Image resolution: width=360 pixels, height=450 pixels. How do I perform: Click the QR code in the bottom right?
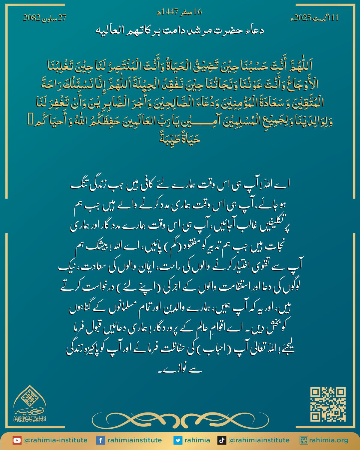pos(328,404)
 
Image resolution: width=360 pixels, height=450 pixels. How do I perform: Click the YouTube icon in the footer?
pos(17,440)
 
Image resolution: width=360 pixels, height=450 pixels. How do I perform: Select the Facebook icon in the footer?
pos(100,440)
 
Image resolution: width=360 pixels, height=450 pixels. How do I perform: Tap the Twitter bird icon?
pos(178,440)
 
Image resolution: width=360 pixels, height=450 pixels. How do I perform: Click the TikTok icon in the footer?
pos(222,440)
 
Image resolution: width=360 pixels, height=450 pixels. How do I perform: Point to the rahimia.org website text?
pos(328,440)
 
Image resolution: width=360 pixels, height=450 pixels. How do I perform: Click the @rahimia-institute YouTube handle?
pos(55,440)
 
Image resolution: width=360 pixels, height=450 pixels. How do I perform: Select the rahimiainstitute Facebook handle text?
pos(135,440)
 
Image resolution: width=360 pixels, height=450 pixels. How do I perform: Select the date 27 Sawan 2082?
pos(45,18)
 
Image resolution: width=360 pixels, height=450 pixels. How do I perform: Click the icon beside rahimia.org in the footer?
pos(304,440)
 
